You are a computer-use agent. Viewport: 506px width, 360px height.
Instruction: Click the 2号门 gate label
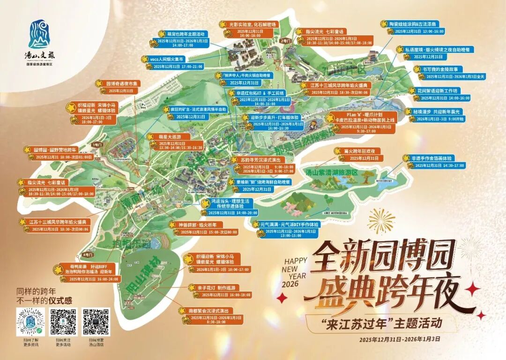pyautogui.click(x=285, y=41)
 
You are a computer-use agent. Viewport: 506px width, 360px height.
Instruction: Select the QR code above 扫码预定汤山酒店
pyautogui.click(x=96, y=322)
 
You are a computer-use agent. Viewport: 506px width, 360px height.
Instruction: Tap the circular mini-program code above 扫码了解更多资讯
pyautogui.click(x=30, y=322)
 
